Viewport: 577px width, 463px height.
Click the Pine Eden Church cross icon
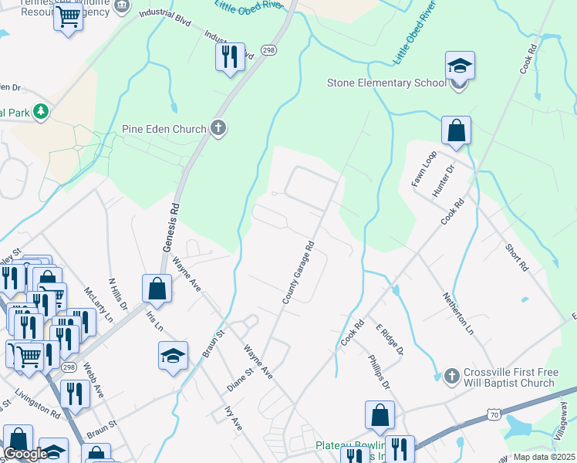(x=218, y=129)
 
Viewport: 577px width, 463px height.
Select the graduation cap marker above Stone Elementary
(x=460, y=66)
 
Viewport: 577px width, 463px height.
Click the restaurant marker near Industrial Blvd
(x=230, y=58)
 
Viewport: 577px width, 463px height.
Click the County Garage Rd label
(x=299, y=272)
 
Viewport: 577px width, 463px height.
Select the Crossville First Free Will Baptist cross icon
(x=453, y=376)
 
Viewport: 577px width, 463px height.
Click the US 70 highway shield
(x=493, y=415)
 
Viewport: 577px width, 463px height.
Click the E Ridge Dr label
(x=390, y=339)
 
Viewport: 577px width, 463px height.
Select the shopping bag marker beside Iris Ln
(x=157, y=289)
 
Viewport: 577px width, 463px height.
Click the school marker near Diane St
(x=174, y=357)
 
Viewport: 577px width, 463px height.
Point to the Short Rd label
(x=517, y=257)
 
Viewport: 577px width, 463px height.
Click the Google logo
(x=25, y=454)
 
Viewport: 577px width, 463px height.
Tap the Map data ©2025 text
(x=544, y=457)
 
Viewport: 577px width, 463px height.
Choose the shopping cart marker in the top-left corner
(x=69, y=15)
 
